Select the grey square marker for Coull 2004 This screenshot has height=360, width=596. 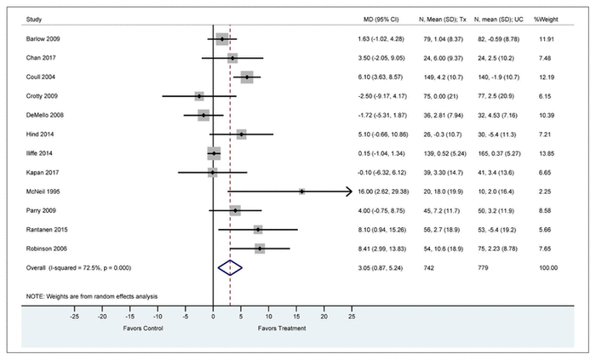[x=247, y=77]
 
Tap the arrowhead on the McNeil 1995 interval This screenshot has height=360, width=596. [x=348, y=192]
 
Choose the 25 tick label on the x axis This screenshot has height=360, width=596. [x=352, y=315]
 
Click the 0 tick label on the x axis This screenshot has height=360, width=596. [x=213, y=315]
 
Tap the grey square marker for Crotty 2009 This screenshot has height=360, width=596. [x=199, y=96]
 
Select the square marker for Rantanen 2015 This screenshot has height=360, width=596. [x=258, y=229]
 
